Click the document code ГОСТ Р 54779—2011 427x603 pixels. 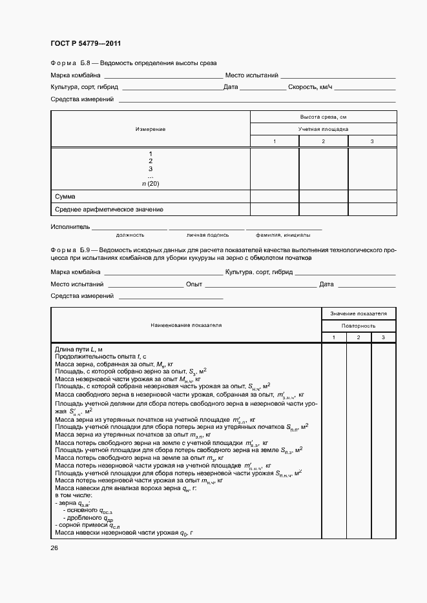85,44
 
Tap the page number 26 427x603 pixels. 54,548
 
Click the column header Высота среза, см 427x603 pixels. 323,117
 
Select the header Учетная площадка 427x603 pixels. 323,129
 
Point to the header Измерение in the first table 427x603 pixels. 151,129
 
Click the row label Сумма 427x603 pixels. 66,197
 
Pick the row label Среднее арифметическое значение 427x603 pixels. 109,210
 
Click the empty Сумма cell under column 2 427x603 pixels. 323,197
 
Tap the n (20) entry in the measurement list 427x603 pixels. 151,184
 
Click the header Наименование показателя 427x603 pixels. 186,325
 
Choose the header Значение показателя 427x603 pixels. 359,313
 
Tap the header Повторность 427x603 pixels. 359,326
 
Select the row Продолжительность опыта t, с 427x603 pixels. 101,356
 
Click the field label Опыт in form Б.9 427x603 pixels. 194,284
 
